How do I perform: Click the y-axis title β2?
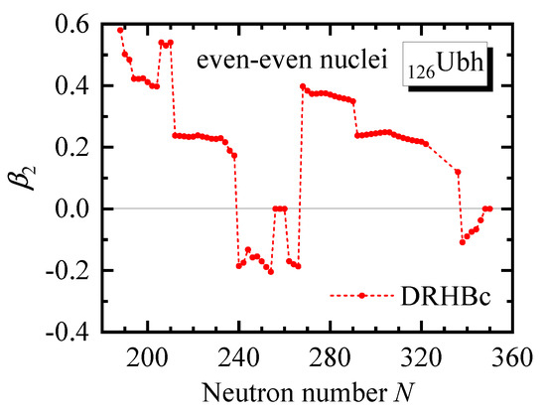[x=36, y=178]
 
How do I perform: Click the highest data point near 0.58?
[x=120, y=30]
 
